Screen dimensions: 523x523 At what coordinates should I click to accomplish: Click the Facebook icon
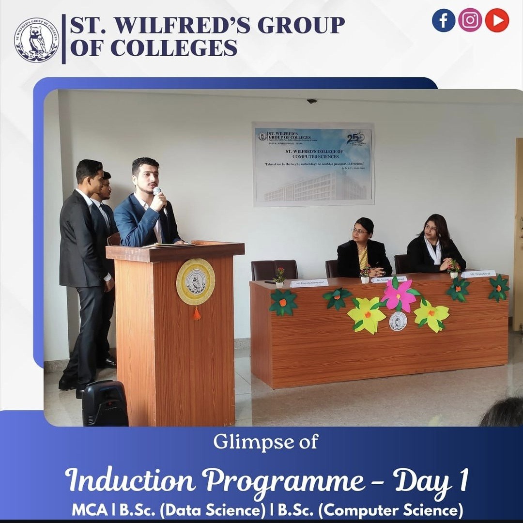click(x=444, y=20)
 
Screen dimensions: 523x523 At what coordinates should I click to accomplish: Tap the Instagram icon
click(x=470, y=20)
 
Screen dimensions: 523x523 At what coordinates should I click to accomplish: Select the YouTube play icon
click(x=497, y=20)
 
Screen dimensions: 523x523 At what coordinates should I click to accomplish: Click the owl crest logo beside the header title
click(x=36, y=40)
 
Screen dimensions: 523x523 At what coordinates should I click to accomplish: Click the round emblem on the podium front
click(x=196, y=282)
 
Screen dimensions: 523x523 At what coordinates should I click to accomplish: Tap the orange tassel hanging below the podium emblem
click(x=197, y=313)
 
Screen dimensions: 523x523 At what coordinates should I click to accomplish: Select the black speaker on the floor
click(x=105, y=403)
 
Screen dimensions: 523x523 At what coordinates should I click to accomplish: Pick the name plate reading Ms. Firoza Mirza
click(x=478, y=274)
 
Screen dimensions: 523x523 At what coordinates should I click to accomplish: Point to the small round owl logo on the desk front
click(x=398, y=321)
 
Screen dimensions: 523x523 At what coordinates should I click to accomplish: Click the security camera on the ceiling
click(x=311, y=101)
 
